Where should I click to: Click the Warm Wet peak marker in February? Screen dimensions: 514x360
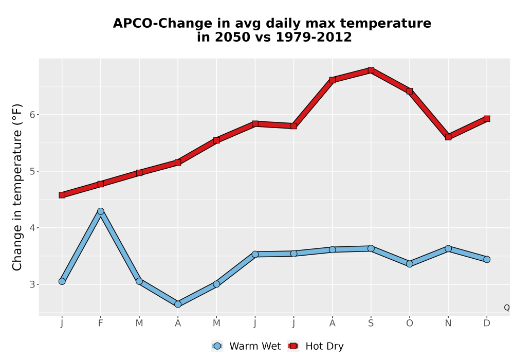pyautogui.click(x=101, y=211)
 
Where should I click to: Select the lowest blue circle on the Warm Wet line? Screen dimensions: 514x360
pyautogui.click(x=178, y=304)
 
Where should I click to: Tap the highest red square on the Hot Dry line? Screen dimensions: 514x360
pyautogui.click(x=371, y=70)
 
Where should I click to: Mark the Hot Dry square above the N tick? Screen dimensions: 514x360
pyautogui.click(x=448, y=137)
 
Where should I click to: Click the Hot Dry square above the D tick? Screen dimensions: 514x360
pyautogui.click(x=487, y=119)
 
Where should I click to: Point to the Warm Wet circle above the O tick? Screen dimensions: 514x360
pyautogui.click(x=410, y=264)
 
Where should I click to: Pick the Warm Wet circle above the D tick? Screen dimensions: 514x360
pyautogui.click(x=487, y=259)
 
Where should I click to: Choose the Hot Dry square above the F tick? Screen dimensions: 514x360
pyautogui.click(x=101, y=184)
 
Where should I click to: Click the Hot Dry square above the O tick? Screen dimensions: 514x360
pyautogui.click(x=410, y=91)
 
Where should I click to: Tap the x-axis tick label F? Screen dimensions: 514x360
pyautogui.click(x=101, y=323)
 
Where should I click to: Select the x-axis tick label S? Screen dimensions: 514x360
pyautogui.click(x=371, y=323)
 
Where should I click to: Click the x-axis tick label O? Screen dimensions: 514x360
pyautogui.click(x=410, y=323)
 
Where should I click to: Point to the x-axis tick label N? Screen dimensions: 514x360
pyautogui.click(x=448, y=323)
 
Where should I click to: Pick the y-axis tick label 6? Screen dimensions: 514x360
pyautogui.click(x=32, y=115)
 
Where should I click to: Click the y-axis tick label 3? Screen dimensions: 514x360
pyautogui.click(x=32, y=284)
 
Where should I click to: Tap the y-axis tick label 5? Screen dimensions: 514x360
pyautogui.click(x=32, y=171)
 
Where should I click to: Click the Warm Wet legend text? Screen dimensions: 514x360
pyautogui.click(x=255, y=346)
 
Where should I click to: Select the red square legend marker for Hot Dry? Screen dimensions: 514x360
pyautogui.click(x=293, y=346)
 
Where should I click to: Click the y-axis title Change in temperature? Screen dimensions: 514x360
pyautogui.click(x=17, y=187)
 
